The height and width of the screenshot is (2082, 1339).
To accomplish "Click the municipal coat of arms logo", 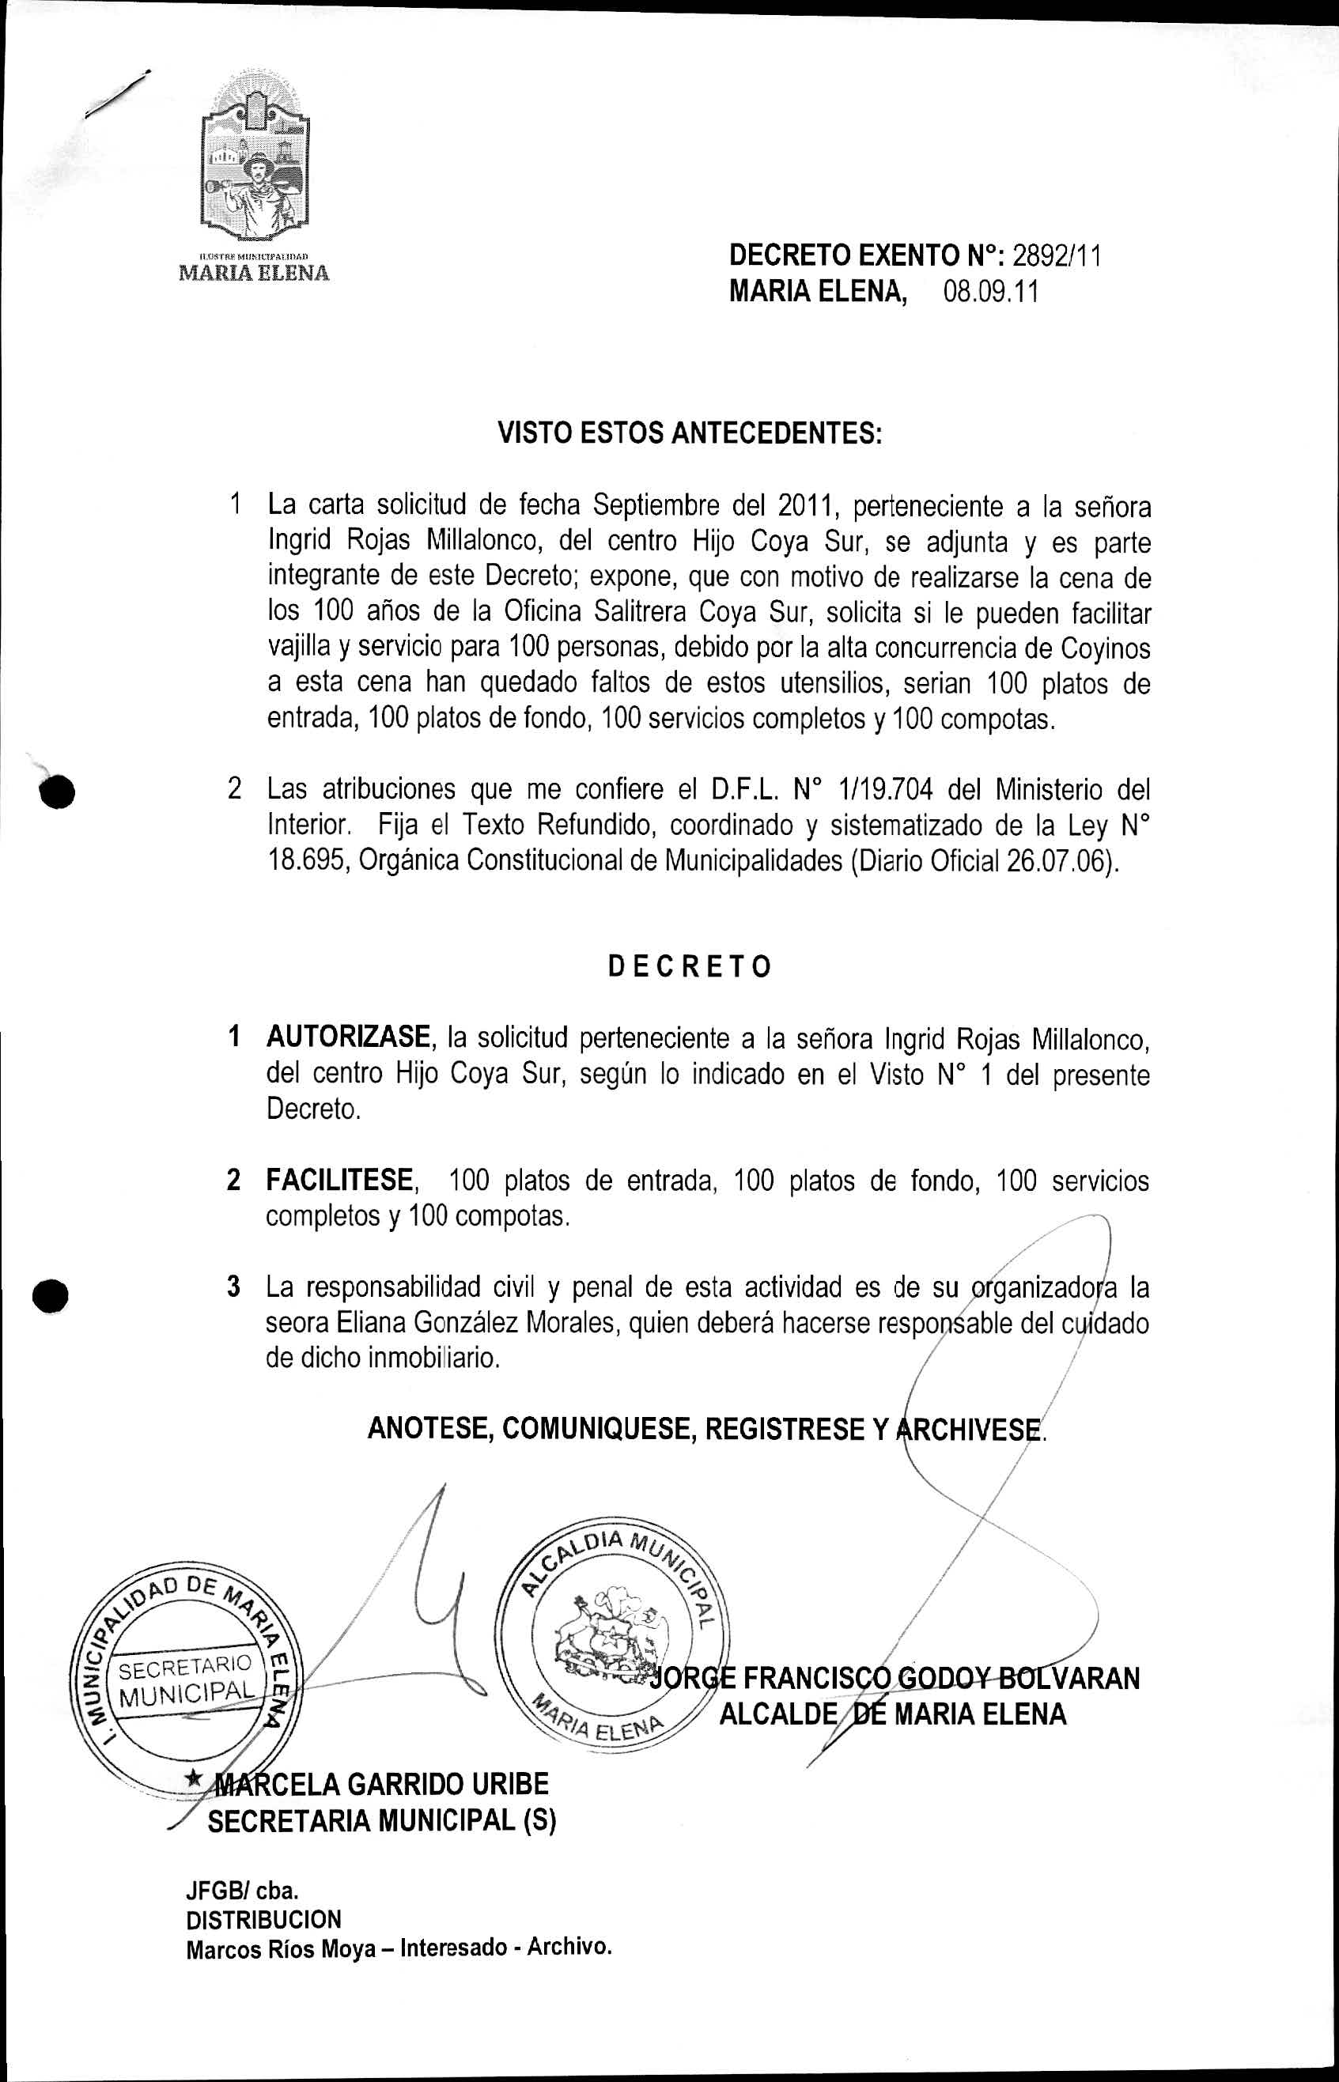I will coord(255,161).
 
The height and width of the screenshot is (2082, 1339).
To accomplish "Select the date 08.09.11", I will coord(991,291).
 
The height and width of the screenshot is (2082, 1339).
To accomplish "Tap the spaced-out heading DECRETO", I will coord(689,967).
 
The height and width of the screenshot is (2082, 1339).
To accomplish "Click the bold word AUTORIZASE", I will coord(349,1037).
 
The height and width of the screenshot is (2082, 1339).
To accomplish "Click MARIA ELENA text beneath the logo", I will coord(254,273).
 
